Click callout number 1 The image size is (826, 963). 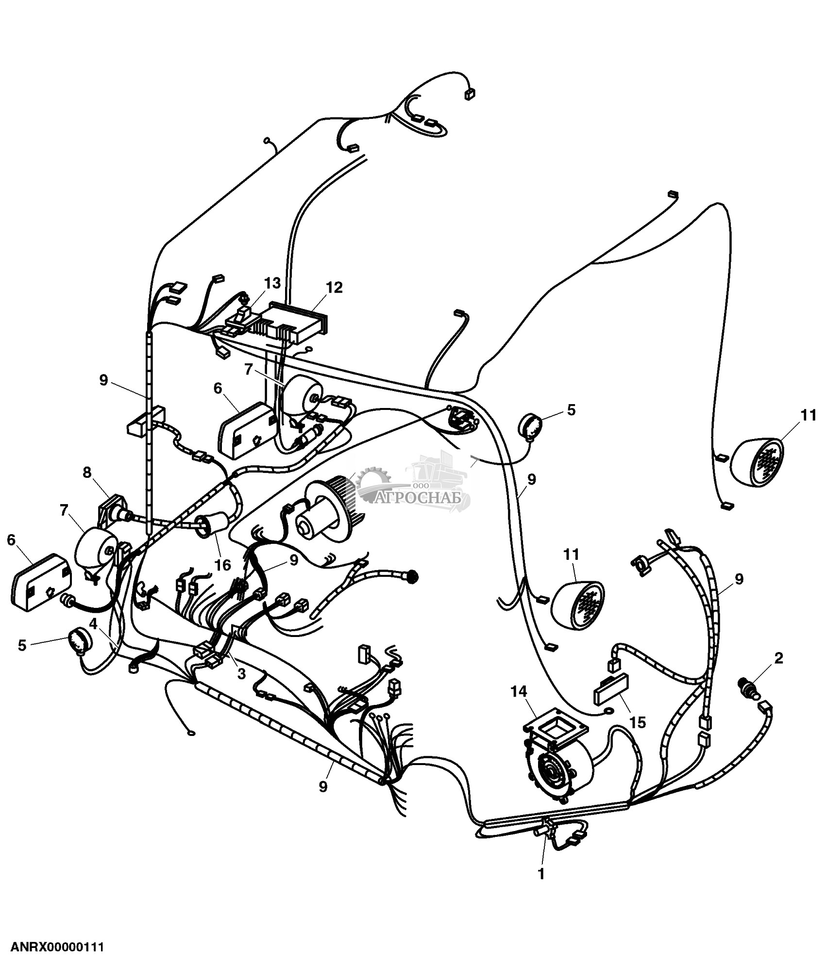tap(540, 874)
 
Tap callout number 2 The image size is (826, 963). tap(778, 658)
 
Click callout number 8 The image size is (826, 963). tap(87, 473)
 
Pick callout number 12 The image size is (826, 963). tap(335, 287)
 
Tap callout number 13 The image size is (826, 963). tap(272, 283)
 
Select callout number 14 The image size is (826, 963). tap(519, 691)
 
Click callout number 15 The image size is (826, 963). tap(638, 722)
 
